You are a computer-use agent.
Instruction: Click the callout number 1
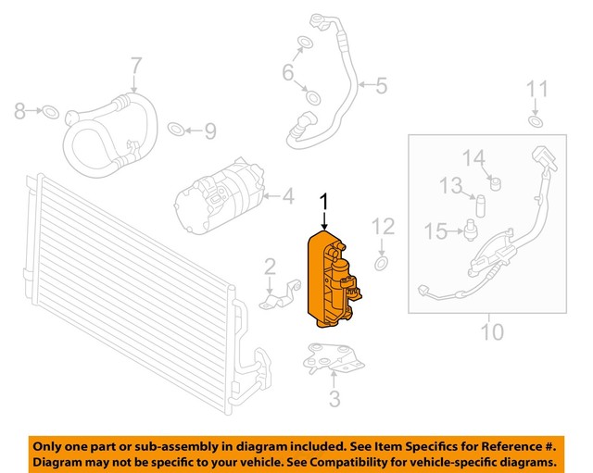pyautogui.click(x=324, y=202)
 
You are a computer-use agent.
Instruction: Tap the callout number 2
pyautogui.click(x=270, y=268)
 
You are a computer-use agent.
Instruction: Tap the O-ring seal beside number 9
pyautogui.click(x=176, y=129)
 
